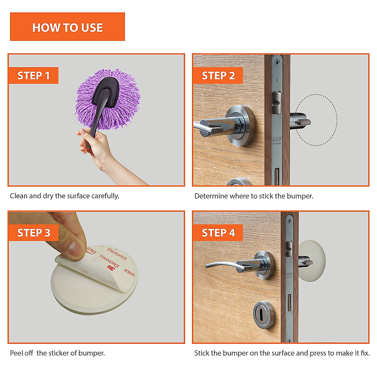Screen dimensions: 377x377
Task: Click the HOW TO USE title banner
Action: [x=67, y=27]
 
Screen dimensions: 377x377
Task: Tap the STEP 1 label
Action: [x=33, y=75]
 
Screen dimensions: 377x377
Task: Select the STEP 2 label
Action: [x=218, y=75]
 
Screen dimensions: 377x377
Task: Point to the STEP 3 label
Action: [x=33, y=232]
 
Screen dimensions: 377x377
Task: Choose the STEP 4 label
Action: [x=218, y=232]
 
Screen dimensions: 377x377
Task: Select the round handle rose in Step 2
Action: [x=241, y=125]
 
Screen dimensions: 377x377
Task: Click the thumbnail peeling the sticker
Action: [x=76, y=249]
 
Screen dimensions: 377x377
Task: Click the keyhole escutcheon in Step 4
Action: [x=264, y=315]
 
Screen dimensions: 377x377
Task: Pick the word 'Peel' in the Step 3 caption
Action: [x=16, y=353]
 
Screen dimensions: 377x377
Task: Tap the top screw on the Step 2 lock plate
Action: [x=277, y=63]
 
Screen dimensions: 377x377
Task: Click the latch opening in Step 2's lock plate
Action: [x=277, y=103]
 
